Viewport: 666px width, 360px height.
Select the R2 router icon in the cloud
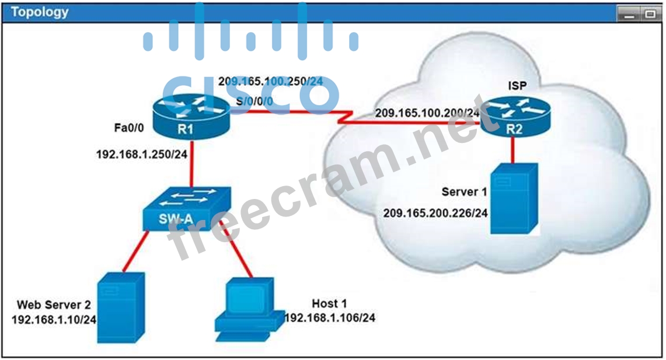pyautogui.click(x=515, y=117)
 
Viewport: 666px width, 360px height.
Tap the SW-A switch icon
pyautogui.click(x=187, y=209)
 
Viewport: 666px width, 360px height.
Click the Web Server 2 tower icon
pyautogui.click(x=121, y=308)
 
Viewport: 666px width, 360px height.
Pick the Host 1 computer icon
pyautogui.click(x=250, y=309)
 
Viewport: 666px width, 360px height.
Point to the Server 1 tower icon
pyautogui.click(x=514, y=198)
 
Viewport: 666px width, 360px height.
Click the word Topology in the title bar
pyautogui.click(x=40, y=12)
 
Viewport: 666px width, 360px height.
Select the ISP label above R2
pyautogui.click(x=517, y=86)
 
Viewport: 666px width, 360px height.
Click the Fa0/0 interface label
pyautogui.click(x=128, y=127)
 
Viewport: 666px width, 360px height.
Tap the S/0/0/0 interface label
pyautogui.click(x=254, y=101)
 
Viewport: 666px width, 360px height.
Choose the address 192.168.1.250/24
pyautogui.click(x=142, y=154)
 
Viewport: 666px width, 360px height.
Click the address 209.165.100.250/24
pyautogui.click(x=271, y=81)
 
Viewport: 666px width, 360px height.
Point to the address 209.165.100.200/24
pyautogui.click(x=427, y=113)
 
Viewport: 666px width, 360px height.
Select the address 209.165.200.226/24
pyautogui.click(x=435, y=213)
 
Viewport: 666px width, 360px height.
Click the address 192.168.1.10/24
pyautogui.click(x=54, y=320)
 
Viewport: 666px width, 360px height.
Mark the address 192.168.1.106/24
pyautogui.click(x=330, y=317)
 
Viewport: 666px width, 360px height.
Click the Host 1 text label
pyautogui.click(x=329, y=303)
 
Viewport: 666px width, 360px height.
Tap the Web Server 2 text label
pyautogui.click(x=54, y=305)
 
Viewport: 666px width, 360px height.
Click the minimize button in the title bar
pyautogui.click(x=629, y=14)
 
